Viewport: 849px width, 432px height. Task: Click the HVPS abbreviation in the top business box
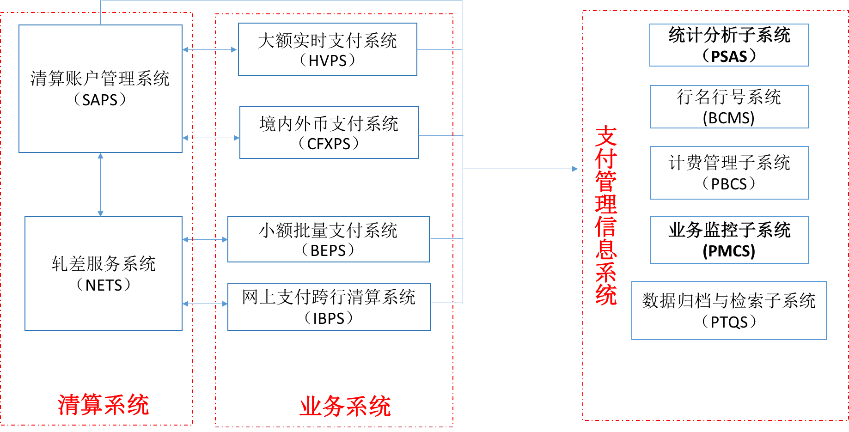[x=327, y=61]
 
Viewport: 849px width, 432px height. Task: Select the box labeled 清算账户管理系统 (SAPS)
[x=100, y=88]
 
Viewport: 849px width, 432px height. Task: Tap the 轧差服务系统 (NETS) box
[x=103, y=274]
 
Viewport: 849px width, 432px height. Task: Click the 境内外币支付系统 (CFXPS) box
[x=329, y=133]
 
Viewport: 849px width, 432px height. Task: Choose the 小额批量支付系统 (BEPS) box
[x=328, y=239]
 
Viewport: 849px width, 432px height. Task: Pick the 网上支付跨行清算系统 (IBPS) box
[x=329, y=307]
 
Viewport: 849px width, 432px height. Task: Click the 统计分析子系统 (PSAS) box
[x=729, y=45]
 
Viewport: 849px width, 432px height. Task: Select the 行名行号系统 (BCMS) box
[x=729, y=107]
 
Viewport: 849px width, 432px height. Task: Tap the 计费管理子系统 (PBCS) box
[x=729, y=173]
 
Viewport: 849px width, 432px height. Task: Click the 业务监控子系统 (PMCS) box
[x=729, y=240]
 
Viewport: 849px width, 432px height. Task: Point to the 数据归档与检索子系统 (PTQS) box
[x=729, y=310]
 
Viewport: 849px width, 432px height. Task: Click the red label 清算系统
[x=104, y=405]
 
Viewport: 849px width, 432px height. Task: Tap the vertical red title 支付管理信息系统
[x=606, y=215]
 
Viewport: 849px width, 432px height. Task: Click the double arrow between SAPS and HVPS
[x=210, y=49]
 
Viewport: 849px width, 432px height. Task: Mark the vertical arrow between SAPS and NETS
[x=100, y=184]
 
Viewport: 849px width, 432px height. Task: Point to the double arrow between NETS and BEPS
[x=205, y=239]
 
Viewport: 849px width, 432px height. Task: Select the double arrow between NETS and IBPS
[x=205, y=304]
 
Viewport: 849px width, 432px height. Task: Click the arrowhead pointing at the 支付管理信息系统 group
[x=575, y=169]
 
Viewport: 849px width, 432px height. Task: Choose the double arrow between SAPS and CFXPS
[x=211, y=138]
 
